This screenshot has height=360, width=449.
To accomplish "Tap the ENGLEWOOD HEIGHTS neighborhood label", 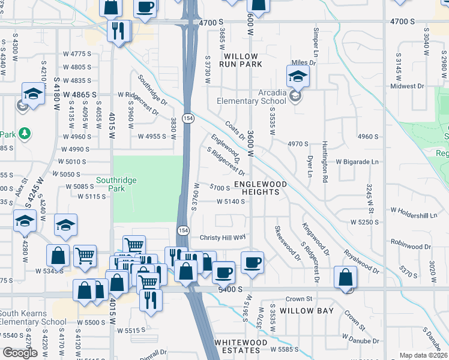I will click(x=256, y=188).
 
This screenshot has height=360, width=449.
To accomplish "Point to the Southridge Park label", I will click(x=116, y=184).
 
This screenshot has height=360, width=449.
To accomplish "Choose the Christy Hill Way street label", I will click(x=223, y=237).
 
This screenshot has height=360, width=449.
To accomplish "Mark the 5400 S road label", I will click(x=229, y=289).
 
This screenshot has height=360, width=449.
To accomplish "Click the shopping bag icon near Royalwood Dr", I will click(x=345, y=278).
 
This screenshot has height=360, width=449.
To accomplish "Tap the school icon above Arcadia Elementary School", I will click(x=297, y=77).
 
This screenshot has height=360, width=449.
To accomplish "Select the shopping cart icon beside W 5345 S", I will click(x=85, y=256).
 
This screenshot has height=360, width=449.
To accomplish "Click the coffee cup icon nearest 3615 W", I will click(x=252, y=262).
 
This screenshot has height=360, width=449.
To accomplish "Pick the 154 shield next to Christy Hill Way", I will click(x=184, y=230).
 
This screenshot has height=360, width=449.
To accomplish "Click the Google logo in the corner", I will click(x=20, y=352).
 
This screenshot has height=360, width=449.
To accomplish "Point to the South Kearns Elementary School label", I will click(x=33, y=317).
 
